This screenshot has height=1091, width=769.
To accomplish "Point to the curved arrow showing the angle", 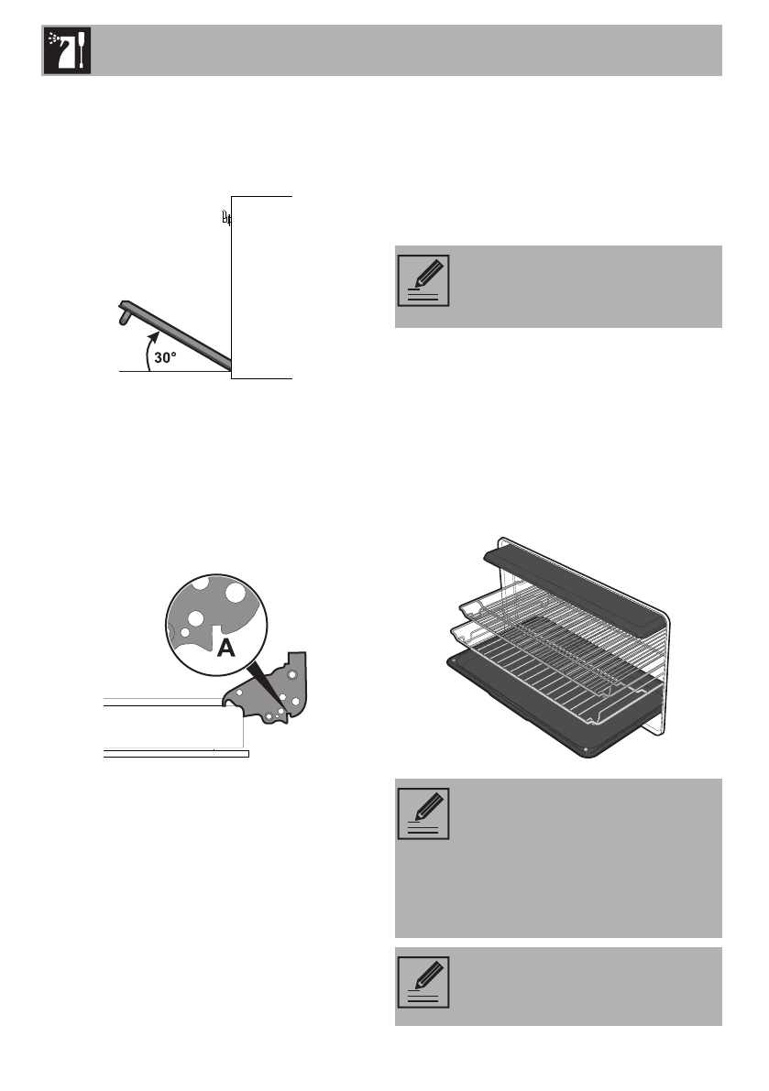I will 151,353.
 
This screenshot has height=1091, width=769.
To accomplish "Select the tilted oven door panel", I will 183,335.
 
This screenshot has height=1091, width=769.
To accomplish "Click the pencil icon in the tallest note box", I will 423,813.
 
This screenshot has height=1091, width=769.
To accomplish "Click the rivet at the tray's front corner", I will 585,748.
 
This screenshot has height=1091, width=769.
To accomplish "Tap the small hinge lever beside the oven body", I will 225,218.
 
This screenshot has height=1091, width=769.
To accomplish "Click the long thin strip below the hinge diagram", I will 174,754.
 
